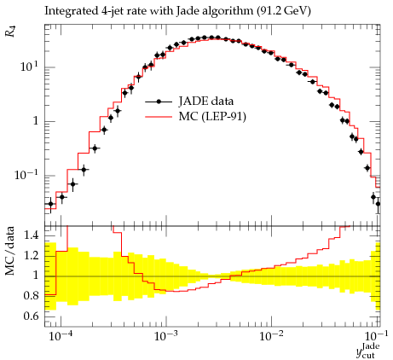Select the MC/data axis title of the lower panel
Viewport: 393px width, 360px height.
10,251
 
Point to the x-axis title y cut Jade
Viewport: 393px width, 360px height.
368,351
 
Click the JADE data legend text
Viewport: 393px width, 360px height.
206,102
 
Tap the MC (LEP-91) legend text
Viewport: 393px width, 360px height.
212,116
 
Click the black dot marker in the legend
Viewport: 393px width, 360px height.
159,102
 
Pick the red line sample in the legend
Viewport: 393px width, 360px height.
159,117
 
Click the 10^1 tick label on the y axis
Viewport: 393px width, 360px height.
30,67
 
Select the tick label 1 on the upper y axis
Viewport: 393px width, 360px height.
35,121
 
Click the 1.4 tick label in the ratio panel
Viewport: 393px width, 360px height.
32,235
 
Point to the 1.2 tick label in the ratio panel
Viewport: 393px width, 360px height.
32,255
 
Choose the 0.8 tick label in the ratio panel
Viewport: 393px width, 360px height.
32,296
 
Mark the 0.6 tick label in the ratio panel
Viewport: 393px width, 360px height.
32,316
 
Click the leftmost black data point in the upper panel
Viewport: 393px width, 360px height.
50,204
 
